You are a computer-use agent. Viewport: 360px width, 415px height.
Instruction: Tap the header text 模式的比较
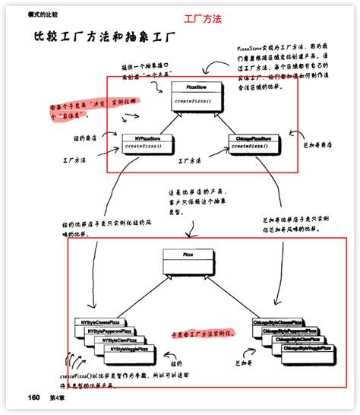43,14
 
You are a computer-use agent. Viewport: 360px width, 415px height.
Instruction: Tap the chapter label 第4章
60,398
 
